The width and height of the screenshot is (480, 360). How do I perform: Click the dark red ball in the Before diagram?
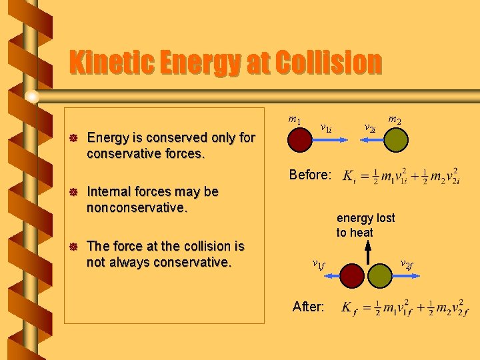click(x=301, y=140)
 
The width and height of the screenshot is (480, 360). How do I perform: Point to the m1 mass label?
click(x=294, y=119)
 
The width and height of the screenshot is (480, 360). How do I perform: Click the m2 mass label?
click(x=395, y=120)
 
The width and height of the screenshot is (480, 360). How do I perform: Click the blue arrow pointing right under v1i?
click(x=332, y=140)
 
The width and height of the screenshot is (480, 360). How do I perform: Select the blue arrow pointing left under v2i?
click(x=365, y=140)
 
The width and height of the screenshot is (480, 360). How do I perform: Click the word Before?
click(x=310, y=175)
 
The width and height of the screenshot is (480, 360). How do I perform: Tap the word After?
click(x=309, y=307)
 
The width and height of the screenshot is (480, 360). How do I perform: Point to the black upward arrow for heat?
click(x=367, y=253)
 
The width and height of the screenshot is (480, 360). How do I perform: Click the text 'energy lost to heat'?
click(x=365, y=225)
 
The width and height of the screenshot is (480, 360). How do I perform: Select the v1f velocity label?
click(x=319, y=264)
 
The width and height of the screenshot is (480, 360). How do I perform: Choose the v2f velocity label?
click(x=406, y=265)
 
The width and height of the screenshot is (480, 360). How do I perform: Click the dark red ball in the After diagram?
click(x=353, y=274)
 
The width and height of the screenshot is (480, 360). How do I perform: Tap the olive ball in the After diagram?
click(x=382, y=274)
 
